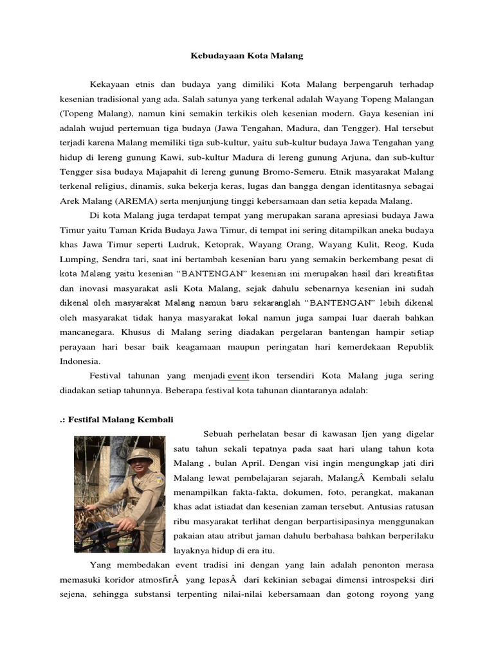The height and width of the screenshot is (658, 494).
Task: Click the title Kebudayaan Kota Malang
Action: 246,56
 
